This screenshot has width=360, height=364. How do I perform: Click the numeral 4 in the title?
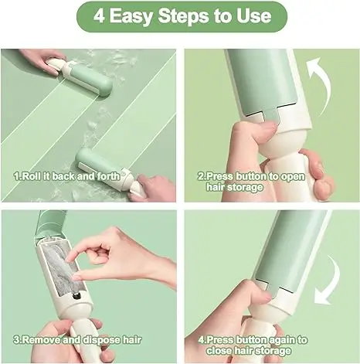pyautogui.click(x=99, y=15)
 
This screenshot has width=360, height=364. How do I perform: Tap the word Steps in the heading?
pyautogui.click(x=183, y=16)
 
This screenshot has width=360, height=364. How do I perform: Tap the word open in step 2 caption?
pyautogui.click(x=293, y=177)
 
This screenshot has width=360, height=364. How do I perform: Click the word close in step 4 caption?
pyautogui.click(x=219, y=351)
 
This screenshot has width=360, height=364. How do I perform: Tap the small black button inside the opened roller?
pyautogui.click(x=76, y=296)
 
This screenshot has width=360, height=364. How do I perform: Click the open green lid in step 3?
pyautogui.click(x=50, y=223)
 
